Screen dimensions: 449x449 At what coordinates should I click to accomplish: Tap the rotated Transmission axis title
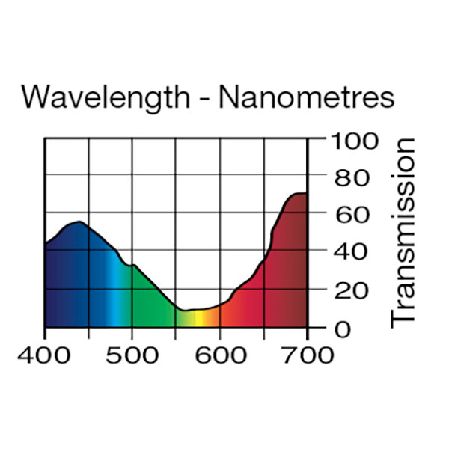coord(403,232)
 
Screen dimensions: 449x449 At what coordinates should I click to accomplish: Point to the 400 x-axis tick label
coord(45,353)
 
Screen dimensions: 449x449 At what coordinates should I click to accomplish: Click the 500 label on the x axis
coord(132,353)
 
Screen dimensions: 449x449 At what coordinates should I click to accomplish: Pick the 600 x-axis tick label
coord(219,353)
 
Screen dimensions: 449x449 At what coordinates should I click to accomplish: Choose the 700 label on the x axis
coord(307,353)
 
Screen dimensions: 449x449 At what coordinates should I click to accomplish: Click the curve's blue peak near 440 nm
coord(78,222)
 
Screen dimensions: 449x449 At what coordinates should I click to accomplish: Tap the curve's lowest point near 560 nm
coord(185,310)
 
